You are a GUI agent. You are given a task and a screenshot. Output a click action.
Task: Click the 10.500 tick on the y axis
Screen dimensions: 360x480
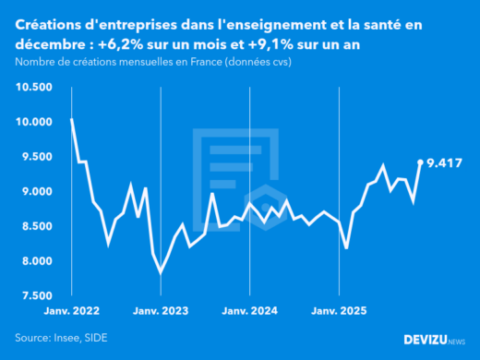pyautogui.click(x=33, y=87)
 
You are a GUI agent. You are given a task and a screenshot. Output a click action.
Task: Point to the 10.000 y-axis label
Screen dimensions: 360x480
pyautogui.click(x=33, y=122)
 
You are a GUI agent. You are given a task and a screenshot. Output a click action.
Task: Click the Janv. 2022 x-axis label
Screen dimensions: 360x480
pyautogui.click(x=72, y=311)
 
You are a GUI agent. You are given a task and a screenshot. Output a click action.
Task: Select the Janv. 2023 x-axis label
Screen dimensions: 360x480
pyautogui.click(x=162, y=311)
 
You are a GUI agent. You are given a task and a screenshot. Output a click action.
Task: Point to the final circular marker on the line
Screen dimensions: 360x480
pyautogui.click(x=421, y=162)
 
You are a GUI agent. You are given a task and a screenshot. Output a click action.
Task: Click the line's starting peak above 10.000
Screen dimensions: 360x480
pyautogui.click(x=72, y=119)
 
